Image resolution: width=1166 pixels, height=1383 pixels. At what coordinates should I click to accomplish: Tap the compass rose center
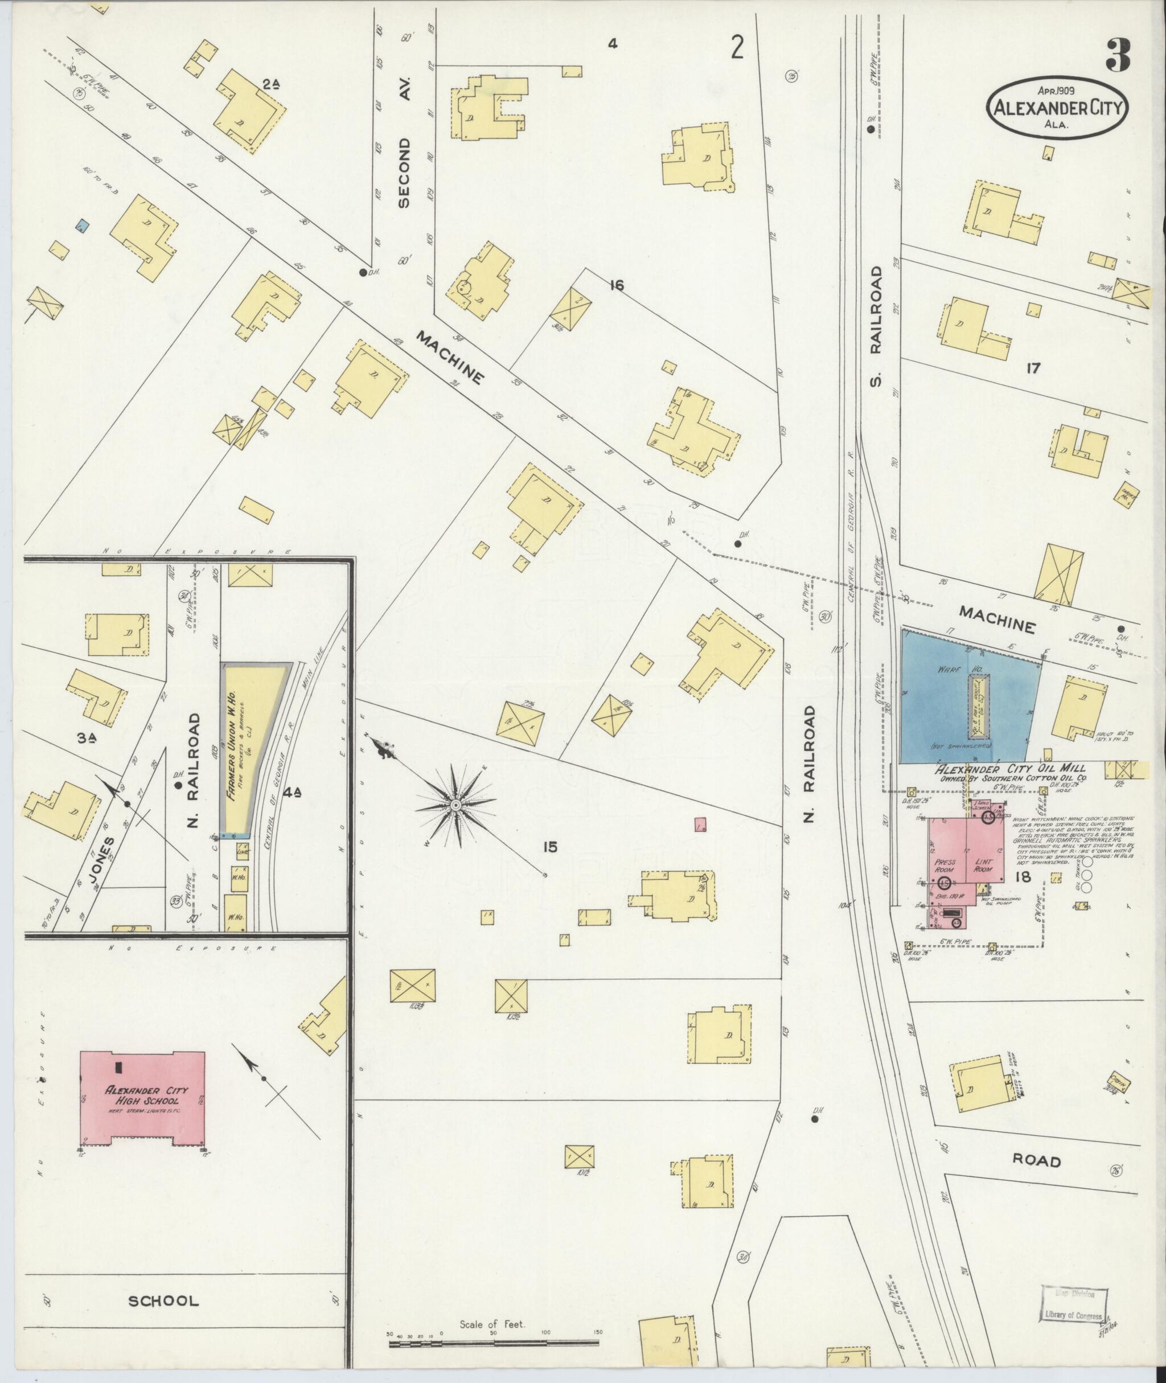455,805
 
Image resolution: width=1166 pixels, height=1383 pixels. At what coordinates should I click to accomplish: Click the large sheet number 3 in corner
1118,56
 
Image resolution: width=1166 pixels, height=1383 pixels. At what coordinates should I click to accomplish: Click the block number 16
617,286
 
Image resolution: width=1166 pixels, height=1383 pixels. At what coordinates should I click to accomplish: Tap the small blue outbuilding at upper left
83,227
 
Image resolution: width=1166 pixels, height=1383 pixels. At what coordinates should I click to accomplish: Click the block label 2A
270,84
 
